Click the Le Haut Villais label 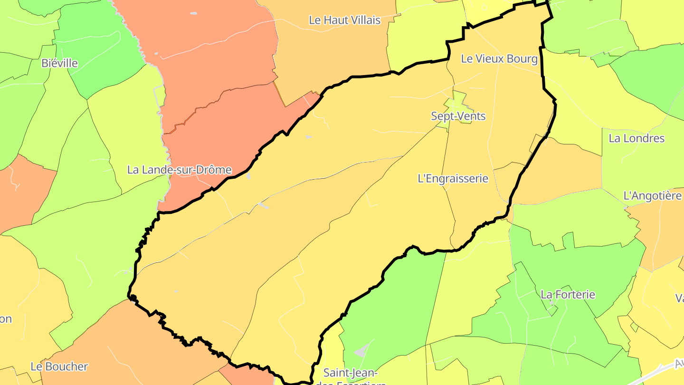(x=344, y=20)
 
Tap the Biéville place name (x=59, y=63)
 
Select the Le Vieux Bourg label (x=499, y=59)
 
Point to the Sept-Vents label (x=458, y=116)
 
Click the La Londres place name (x=636, y=138)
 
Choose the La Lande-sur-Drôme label (x=179, y=170)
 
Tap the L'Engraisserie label (x=453, y=179)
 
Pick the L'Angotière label (x=652, y=196)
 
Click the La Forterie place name (x=568, y=295)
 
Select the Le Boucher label (x=59, y=366)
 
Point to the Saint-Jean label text (x=350, y=372)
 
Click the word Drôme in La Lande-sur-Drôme (x=215, y=170)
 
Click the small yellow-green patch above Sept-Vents (x=457, y=101)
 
